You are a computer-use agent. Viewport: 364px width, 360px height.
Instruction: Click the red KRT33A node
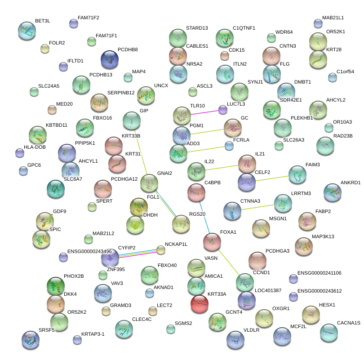[x=199, y=303]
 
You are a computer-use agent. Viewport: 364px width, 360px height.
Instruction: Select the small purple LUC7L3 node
[x=222, y=109]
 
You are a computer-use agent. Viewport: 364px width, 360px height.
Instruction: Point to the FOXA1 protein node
[x=212, y=242]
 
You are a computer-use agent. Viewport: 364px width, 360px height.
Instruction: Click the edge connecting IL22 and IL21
[x=221, y=167]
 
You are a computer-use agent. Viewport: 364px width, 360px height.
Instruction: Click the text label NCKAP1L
[x=176, y=244]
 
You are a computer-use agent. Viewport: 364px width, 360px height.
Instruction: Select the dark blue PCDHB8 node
[x=110, y=59]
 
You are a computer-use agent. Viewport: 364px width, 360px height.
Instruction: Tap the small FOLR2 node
[x=44, y=48]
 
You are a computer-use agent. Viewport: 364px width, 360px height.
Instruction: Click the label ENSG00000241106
[x=320, y=273]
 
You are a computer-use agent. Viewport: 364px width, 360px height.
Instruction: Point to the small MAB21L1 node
[x=318, y=23]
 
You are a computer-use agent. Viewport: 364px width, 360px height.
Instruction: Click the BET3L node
[x=27, y=31]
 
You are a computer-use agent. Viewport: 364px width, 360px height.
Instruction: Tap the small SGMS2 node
[x=170, y=329]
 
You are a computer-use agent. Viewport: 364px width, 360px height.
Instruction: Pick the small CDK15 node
[x=224, y=55]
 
